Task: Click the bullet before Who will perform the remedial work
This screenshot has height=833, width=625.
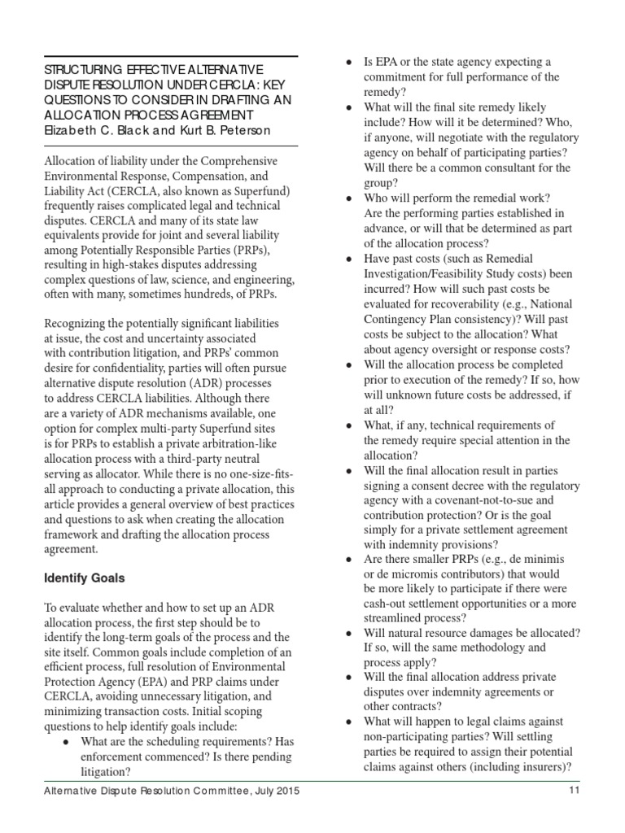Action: [x=349, y=198]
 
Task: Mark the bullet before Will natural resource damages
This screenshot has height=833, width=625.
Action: [x=349, y=633]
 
